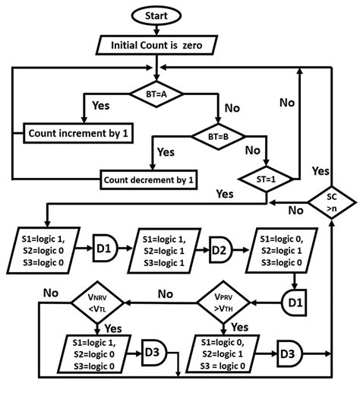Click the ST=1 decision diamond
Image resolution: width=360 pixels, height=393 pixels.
[x=267, y=179]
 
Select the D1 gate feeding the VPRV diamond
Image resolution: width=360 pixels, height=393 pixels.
[x=296, y=303]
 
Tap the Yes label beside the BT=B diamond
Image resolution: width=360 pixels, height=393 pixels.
[x=166, y=152]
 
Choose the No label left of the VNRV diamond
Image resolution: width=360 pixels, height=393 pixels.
[x=51, y=293]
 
